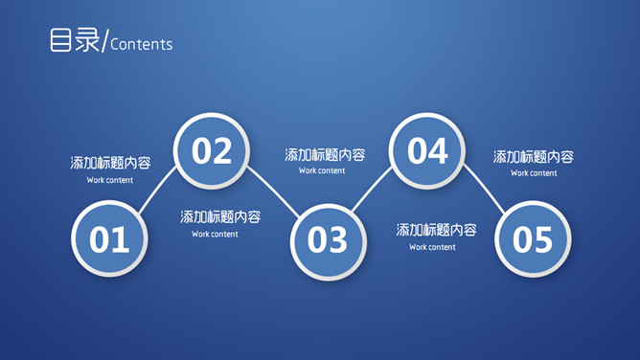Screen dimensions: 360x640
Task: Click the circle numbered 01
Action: coord(109,238)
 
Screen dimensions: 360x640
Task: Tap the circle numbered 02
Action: coord(212,150)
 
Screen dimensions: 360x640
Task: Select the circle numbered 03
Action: coord(328,239)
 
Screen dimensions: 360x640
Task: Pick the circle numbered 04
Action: coord(427,150)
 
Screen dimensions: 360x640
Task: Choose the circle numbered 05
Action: coord(533,238)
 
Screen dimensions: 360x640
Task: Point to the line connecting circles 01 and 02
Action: coord(159,191)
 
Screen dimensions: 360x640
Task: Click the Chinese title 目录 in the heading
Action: coord(75,41)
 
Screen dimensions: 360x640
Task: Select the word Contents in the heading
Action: coord(142,45)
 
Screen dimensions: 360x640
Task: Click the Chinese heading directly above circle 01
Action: coord(110,163)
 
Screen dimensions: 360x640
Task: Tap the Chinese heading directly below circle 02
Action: coord(220,217)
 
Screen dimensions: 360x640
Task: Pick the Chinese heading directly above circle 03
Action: coord(325,155)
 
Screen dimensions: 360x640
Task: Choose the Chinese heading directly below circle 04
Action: coord(437,230)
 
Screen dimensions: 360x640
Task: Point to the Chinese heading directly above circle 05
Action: coord(534,157)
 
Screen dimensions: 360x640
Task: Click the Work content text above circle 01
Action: coord(110,180)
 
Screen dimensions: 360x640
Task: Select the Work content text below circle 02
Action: coord(215,234)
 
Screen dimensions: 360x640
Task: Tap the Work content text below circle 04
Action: coord(432,247)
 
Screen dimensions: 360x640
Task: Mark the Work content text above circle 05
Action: coord(534,173)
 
